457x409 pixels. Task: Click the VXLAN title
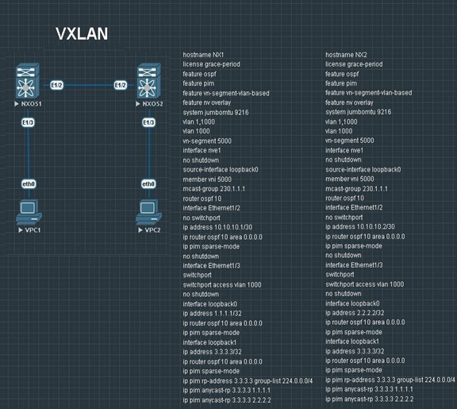tap(82, 33)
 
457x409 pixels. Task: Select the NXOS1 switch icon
tap(27, 81)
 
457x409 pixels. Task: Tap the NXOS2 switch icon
tap(148, 81)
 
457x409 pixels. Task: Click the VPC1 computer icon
tap(29, 212)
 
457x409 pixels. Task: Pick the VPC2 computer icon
tap(148, 212)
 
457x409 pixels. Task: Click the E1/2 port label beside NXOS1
tap(56, 85)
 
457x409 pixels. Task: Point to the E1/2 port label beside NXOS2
tap(121, 85)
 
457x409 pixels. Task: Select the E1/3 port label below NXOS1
tap(28, 122)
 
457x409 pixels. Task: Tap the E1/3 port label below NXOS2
tap(148, 122)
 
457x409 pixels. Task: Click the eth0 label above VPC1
tap(29, 184)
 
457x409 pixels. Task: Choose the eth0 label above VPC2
tap(148, 184)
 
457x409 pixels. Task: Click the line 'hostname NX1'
tap(203, 55)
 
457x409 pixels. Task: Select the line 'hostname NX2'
tap(346, 55)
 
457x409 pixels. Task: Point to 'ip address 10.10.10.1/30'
tap(217, 227)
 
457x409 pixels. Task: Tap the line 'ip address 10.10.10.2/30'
tap(360, 226)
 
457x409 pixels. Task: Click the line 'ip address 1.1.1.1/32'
tap(212, 314)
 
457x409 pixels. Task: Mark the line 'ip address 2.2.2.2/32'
tap(355, 313)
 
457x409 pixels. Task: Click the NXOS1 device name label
tap(31, 104)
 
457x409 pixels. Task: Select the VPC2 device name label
tap(152, 230)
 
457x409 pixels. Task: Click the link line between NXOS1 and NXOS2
tap(89, 85)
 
